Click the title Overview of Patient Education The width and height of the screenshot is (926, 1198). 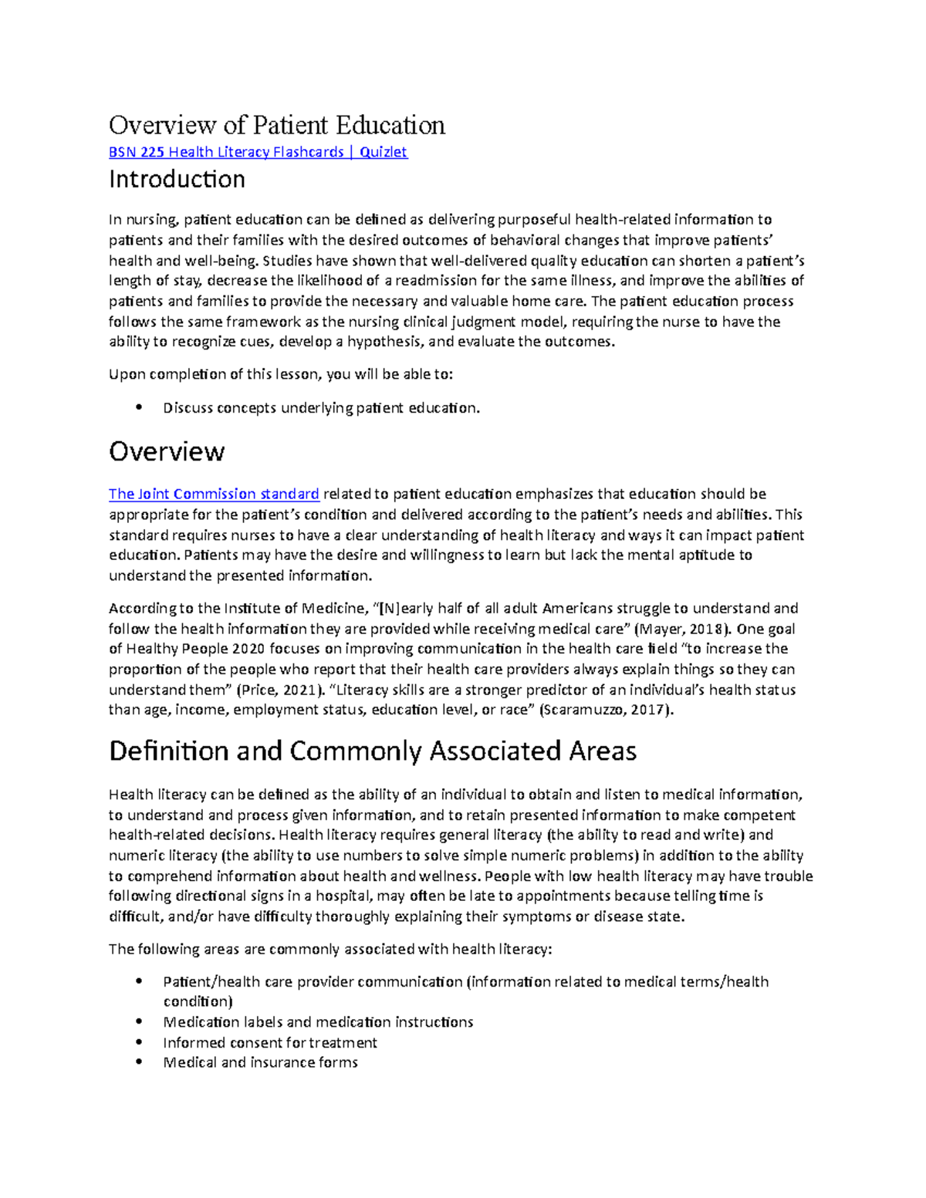click(x=276, y=125)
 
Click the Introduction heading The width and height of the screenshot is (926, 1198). click(x=177, y=180)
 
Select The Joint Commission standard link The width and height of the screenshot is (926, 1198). click(x=214, y=494)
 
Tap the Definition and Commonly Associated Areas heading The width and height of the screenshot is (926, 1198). click(x=372, y=751)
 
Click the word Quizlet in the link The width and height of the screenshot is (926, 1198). click(x=383, y=152)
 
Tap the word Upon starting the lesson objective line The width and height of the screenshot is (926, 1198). click(x=126, y=375)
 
